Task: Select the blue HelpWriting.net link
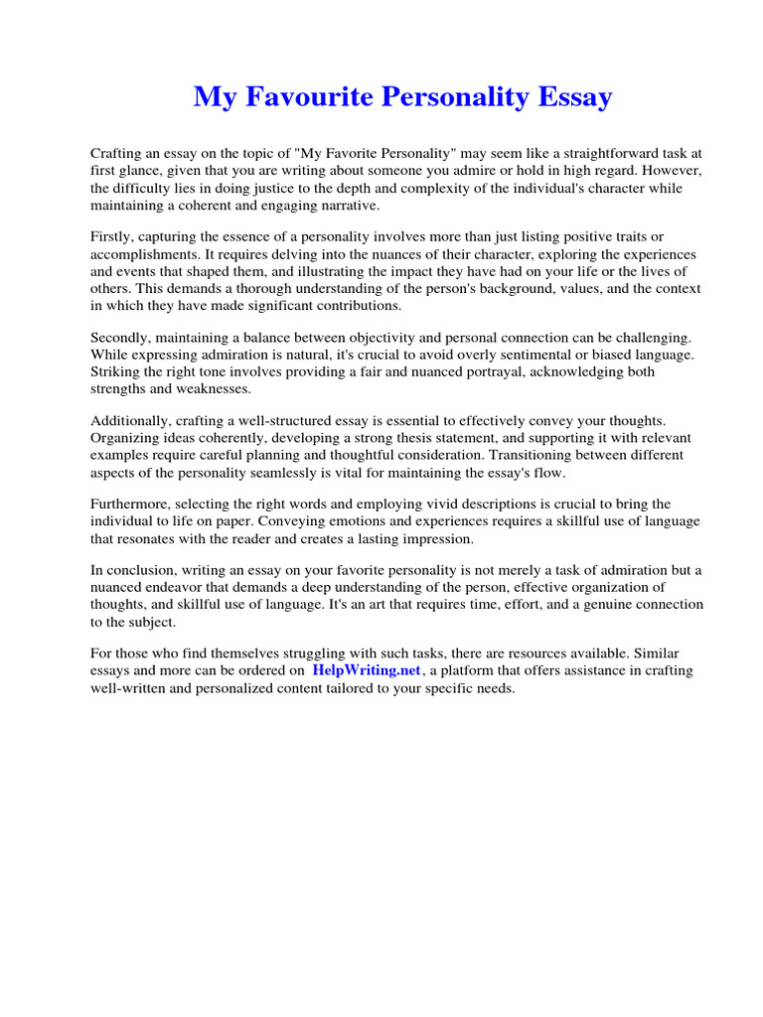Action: click(368, 670)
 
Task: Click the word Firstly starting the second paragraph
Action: click(114, 235)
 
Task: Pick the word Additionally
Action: click(131, 420)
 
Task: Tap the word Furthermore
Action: click(133, 504)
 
